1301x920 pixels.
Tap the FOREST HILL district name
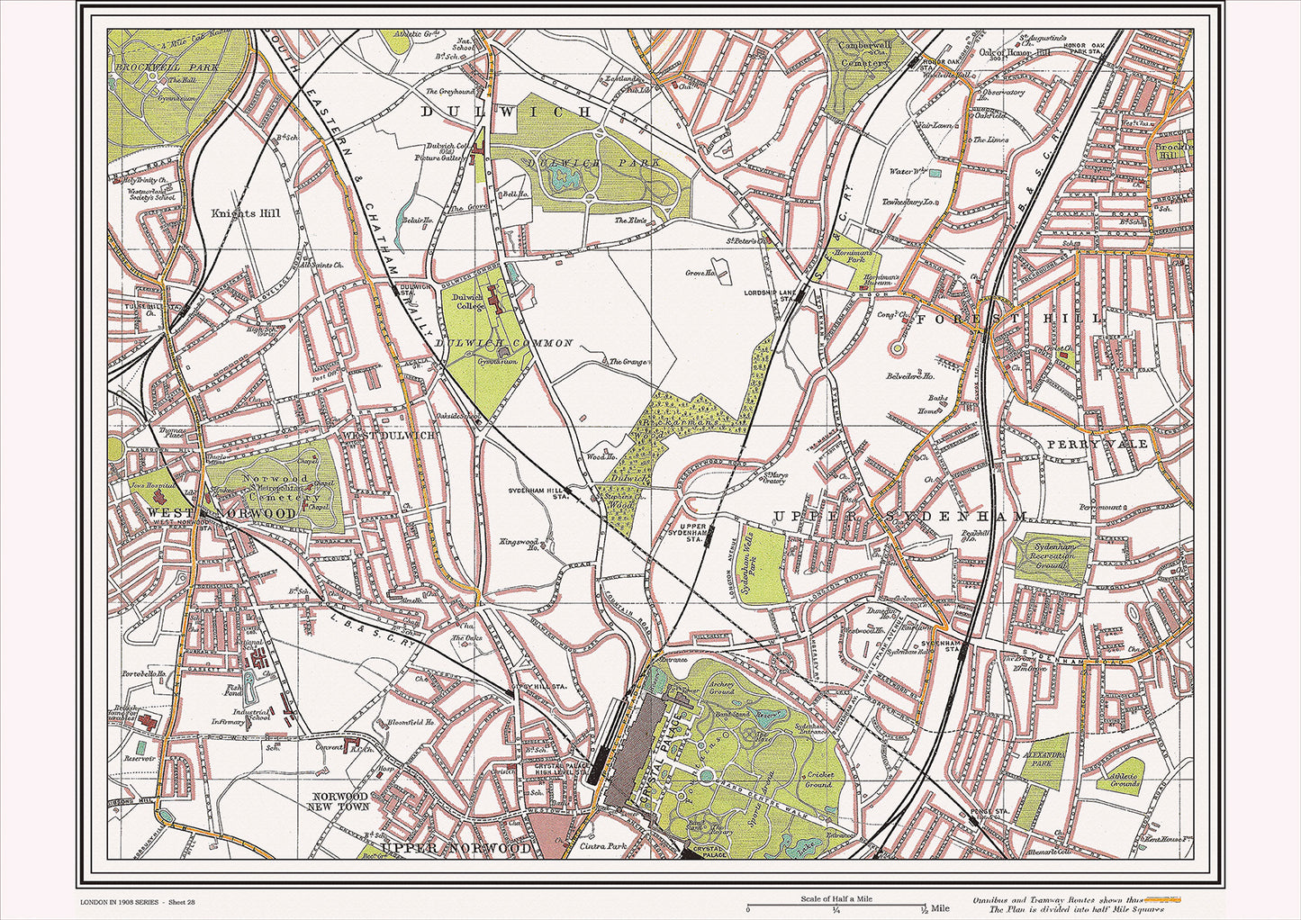pyautogui.click(x=1008, y=319)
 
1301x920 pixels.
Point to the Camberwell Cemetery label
pyautogui.click(x=863, y=53)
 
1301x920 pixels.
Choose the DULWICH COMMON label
pyautogui.click(x=504, y=344)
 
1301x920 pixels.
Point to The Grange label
pyautogui.click(x=628, y=362)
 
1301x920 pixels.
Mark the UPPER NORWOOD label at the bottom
pyautogui.click(x=456, y=848)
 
